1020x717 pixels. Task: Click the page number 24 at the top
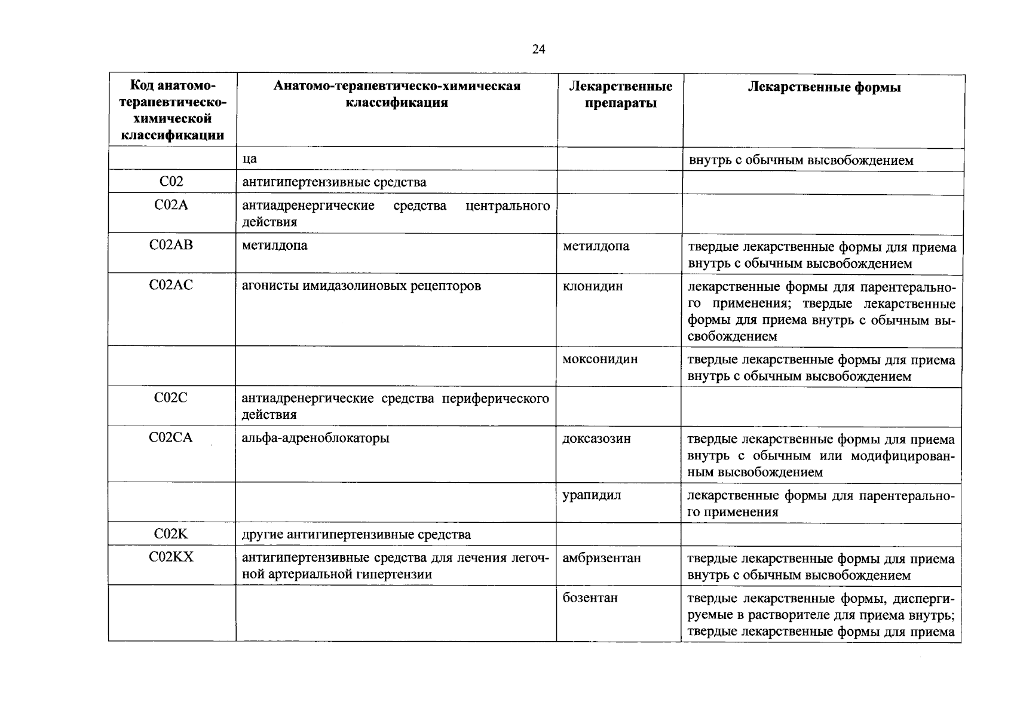pyautogui.click(x=538, y=50)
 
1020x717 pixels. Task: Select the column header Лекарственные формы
pyautogui.click(x=824, y=88)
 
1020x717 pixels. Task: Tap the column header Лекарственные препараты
pyautogui.click(x=620, y=95)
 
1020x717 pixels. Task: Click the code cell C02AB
pyautogui.click(x=171, y=245)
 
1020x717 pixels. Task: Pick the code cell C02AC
pyautogui.click(x=171, y=286)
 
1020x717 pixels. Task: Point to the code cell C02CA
pyautogui.click(x=171, y=438)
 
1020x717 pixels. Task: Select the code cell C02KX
pyautogui.click(x=171, y=557)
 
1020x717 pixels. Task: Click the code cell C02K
pyautogui.click(x=171, y=534)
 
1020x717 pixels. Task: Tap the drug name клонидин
pyautogui.click(x=593, y=286)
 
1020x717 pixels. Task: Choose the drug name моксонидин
pyautogui.click(x=600, y=359)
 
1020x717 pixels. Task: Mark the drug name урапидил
pyautogui.click(x=592, y=495)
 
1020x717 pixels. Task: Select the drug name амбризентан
pyautogui.click(x=602, y=558)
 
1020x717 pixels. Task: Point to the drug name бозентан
pyautogui.click(x=590, y=597)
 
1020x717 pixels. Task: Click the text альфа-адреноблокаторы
pyautogui.click(x=316, y=439)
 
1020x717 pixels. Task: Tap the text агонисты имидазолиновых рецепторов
pyautogui.click(x=362, y=286)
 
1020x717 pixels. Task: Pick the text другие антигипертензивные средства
pyautogui.click(x=356, y=535)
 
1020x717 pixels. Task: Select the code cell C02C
pyautogui.click(x=171, y=398)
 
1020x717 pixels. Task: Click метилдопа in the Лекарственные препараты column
pyautogui.click(x=596, y=246)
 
